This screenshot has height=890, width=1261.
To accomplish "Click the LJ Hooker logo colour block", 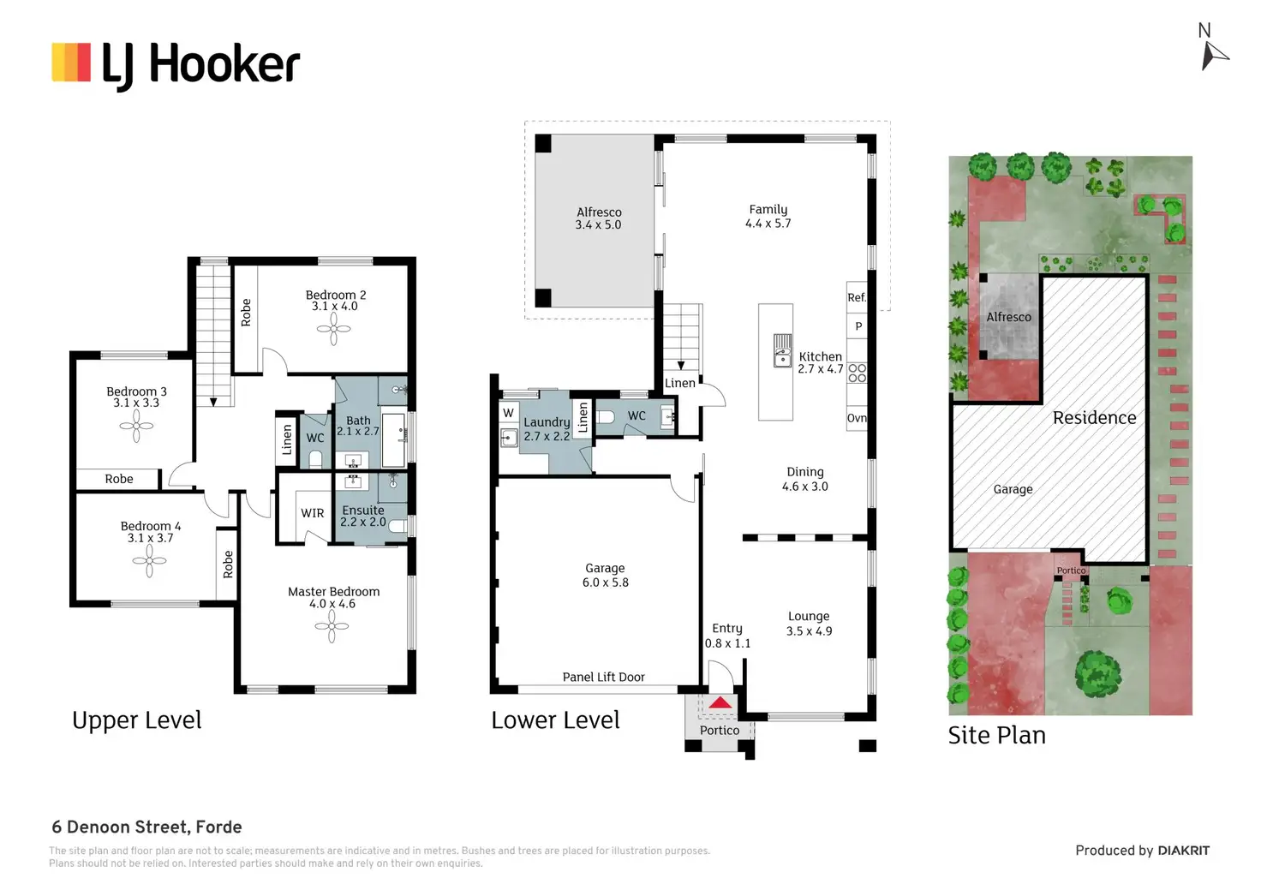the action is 71,63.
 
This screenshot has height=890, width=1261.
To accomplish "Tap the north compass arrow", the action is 1214,57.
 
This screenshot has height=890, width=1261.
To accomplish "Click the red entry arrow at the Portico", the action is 720,702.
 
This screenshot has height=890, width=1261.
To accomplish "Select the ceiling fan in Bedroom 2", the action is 334,328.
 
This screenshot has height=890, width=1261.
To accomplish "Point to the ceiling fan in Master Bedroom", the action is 332,625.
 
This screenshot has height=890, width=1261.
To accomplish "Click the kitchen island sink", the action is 782,350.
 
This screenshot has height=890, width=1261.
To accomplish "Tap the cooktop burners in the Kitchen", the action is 858,373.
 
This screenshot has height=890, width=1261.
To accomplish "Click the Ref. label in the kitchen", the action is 857,297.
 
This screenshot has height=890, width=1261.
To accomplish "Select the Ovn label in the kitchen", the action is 857,418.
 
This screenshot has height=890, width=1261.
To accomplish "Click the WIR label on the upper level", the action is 313,513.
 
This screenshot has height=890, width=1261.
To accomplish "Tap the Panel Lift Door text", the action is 603,678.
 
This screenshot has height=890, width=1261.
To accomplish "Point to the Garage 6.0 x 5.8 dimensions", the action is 605,582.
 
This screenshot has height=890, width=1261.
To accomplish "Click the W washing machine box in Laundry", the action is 508,413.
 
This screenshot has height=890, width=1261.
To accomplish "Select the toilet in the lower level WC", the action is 605,417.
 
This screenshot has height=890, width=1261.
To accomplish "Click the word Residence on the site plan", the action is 1094,418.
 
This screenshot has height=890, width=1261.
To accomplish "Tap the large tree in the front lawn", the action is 1097,674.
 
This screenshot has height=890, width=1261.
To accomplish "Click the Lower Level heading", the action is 555,720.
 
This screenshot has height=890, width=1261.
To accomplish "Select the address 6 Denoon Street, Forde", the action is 147,827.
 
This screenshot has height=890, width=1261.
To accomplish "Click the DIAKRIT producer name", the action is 1184,851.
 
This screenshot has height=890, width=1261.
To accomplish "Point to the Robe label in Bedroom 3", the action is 119,479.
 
